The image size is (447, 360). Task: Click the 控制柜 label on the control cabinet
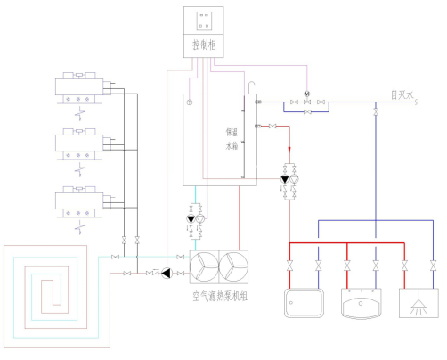204,45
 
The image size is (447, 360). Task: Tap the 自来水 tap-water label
402,94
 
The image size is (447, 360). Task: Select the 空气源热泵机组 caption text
220,296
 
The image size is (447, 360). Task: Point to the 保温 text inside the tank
232,132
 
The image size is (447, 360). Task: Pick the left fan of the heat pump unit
204,266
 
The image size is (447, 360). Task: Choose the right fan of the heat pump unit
233,266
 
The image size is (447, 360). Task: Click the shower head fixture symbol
419,303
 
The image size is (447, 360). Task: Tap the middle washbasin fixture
361,304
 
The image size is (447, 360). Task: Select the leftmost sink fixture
304,303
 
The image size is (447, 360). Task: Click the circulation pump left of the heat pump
167,273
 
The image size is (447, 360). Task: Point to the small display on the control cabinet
204,20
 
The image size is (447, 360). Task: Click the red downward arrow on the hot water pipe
289,150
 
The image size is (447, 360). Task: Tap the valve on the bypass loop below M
307,112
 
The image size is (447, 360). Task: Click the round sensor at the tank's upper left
190,102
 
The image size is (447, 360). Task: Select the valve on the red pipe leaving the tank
272,127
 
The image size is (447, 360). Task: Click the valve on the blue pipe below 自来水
376,112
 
